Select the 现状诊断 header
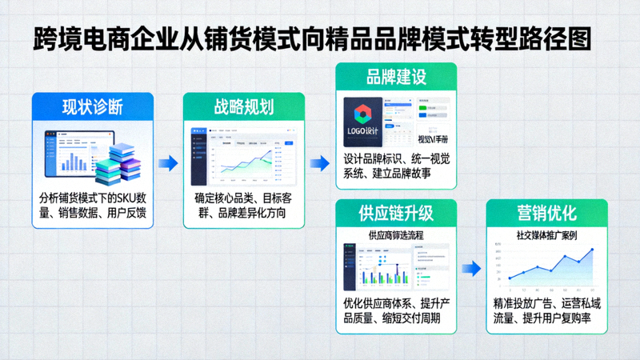(x=93, y=107)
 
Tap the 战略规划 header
(x=244, y=107)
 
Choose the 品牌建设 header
(x=395, y=78)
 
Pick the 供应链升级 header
(x=395, y=214)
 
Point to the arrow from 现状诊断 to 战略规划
(x=167, y=163)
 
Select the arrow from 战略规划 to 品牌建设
(x=319, y=163)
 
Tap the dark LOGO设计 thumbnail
(x=364, y=121)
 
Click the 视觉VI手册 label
(x=434, y=138)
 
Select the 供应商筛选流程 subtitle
(x=395, y=236)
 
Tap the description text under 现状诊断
(x=93, y=205)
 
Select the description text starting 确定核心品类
(x=244, y=205)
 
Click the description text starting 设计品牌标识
(x=395, y=166)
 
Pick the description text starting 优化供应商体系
(x=395, y=312)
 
